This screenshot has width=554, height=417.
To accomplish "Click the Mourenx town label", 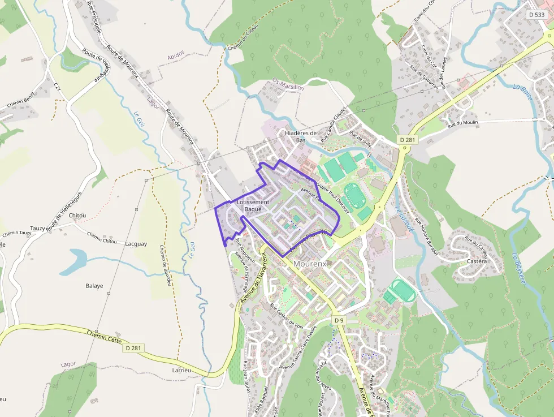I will [310, 264].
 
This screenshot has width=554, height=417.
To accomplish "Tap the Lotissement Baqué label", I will [253, 206].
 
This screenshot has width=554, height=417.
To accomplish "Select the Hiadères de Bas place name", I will [301, 136].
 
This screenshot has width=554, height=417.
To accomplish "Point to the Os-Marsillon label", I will [288, 84].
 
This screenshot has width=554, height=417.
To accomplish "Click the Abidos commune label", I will [176, 55].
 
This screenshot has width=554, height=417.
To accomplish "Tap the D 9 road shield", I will [339, 320].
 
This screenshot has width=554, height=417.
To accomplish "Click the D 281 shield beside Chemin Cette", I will [132, 348].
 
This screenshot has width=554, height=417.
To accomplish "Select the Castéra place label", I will [477, 261].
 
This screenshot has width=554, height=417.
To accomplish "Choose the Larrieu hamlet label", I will [181, 370].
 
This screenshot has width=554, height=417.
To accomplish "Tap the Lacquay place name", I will [136, 244].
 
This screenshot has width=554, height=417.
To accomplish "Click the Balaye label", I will [94, 286].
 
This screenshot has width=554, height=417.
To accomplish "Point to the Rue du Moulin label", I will [462, 123].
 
